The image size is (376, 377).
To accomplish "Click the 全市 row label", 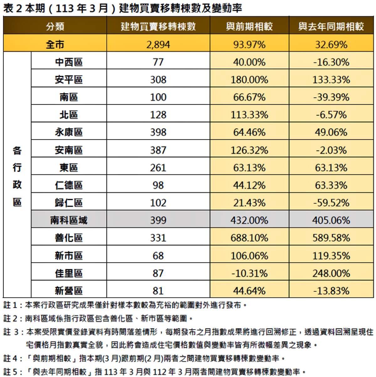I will (55, 44).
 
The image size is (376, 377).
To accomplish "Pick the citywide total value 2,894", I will (158, 44).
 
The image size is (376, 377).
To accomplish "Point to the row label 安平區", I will (69, 80).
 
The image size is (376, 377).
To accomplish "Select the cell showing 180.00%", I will (249, 80).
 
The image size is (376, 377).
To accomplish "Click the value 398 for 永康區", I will (158, 132).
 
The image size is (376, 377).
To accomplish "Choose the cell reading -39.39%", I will (331, 97).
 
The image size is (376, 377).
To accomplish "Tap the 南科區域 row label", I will (69, 220).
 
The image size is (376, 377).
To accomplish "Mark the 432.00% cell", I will (249, 220).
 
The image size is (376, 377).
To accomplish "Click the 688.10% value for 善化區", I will (249, 238).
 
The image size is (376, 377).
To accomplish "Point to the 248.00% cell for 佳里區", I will (331, 273).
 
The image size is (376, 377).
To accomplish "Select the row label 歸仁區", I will (69, 203).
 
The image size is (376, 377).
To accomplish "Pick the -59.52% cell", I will (331, 203).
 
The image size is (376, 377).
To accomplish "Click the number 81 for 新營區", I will (158, 291).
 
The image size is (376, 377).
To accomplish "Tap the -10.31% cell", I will (249, 273).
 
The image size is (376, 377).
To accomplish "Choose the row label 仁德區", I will (69, 185).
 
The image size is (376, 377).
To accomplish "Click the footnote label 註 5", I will (12, 371).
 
